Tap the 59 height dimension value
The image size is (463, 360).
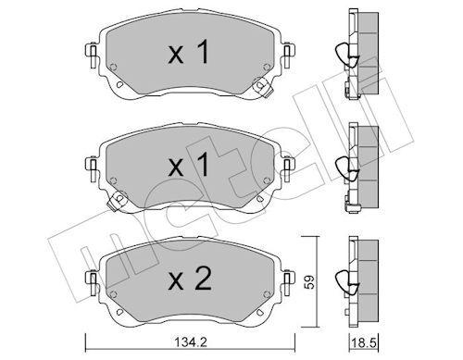(x=310, y=281)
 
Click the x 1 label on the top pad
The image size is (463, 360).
(x=189, y=53)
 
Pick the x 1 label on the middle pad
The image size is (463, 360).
(x=189, y=166)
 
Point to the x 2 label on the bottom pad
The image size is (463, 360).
(x=190, y=279)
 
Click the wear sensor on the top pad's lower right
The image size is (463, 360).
(x=262, y=87)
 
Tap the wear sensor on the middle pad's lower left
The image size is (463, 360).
(x=117, y=201)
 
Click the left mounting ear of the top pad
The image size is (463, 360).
(x=92, y=55)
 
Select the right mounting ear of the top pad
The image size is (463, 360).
(x=288, y=55)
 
